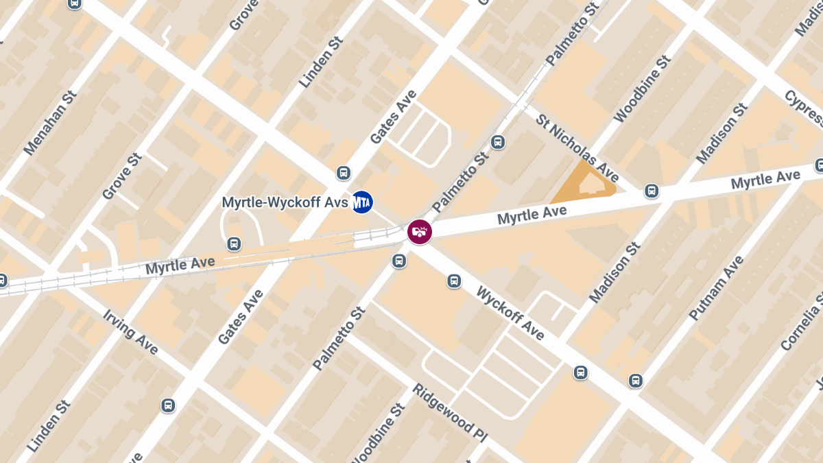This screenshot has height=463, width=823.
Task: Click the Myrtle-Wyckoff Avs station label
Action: tap(285, 203)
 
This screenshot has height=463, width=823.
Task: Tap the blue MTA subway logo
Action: tap(362, 202)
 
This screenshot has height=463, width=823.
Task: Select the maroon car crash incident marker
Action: tap(420, 232)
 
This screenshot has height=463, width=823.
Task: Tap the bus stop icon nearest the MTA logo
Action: tap(344, 173)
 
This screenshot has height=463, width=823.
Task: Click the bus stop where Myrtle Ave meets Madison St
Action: tap(652, 191)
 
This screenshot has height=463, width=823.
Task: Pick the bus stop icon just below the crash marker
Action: tap(398, 261)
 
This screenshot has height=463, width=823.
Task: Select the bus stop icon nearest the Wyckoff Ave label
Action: tap(453, 281)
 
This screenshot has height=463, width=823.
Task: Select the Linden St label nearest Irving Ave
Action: tap(49, 427)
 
